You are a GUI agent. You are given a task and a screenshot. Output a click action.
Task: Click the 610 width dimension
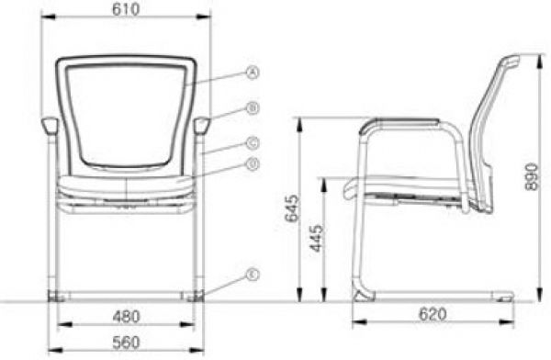tap(126, 9)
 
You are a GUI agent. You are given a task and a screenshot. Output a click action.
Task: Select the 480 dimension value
tap(126, 317)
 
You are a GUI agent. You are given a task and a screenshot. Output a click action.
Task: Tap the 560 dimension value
tap(126, 343)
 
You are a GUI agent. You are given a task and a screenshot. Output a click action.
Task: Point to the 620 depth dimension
tap(433, 314)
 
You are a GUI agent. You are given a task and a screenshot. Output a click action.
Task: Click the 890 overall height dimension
tap(532, 176)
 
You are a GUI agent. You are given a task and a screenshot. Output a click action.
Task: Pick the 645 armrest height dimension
tap(292, 208)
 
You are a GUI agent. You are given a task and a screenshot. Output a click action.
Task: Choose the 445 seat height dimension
tap(316, 239)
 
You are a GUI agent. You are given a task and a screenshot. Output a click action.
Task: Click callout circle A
tap(253, 73)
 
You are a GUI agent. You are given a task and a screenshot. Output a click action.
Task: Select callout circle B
tap(253, 108)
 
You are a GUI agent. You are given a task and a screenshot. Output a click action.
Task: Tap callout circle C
tap(253, 143)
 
